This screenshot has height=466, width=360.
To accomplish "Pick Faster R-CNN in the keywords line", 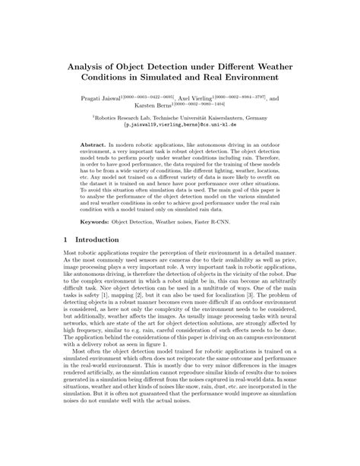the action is click(x=210, y=223).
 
